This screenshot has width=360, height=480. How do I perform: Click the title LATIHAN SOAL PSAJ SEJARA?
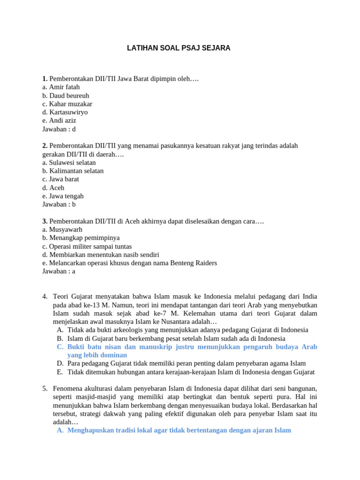179,48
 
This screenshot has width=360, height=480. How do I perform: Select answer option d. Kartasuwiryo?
65,112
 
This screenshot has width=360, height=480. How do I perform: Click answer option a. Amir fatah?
61,87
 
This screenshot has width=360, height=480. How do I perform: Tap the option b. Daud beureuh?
66,95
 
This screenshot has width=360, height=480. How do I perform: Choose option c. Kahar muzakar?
67,104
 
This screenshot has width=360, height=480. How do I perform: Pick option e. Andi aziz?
59,120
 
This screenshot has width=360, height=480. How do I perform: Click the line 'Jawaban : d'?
59,129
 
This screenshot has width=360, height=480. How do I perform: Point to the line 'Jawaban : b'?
59,204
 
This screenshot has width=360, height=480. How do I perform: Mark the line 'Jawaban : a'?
59,271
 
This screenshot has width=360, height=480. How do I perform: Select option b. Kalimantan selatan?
73,171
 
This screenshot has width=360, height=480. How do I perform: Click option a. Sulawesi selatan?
69,162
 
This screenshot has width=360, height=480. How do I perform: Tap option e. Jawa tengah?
63,196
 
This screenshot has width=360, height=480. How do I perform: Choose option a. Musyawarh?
62,229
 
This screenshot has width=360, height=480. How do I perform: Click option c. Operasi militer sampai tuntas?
87,246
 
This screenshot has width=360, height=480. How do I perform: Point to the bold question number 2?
45,146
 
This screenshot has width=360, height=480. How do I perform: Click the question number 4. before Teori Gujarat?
45,296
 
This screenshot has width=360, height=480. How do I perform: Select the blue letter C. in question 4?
60,347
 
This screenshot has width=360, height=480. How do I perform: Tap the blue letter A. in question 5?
60,430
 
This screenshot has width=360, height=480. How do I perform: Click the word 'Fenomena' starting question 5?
67,388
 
